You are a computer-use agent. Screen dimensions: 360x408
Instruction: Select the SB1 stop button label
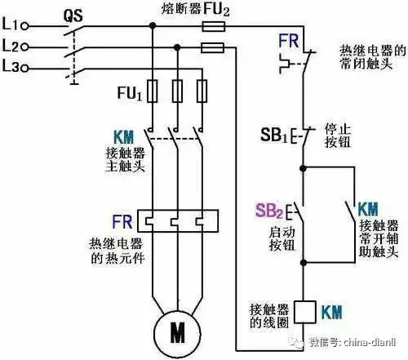click(x=273, y=134)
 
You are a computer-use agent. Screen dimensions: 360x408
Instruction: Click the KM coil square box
click(x=304, y=312)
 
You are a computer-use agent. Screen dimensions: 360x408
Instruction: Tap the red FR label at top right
click(x=290, y=38)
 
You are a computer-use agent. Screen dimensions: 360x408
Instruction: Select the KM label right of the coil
click(x=331, y=312)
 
